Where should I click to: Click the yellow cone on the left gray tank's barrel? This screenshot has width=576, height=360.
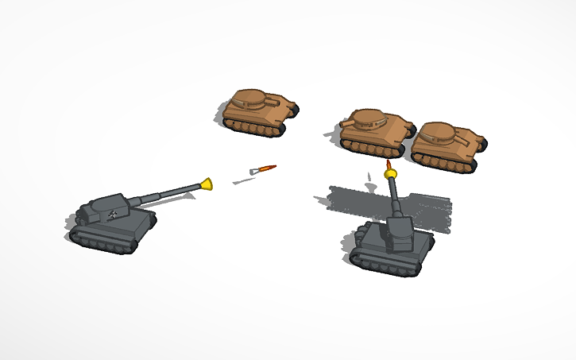(207, 184)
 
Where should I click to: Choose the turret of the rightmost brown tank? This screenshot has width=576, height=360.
(439, 134)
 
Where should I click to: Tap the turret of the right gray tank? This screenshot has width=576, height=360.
(400, 232)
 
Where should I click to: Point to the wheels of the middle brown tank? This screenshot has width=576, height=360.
(369, 149)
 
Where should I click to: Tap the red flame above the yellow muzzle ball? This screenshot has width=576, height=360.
(389, 164)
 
